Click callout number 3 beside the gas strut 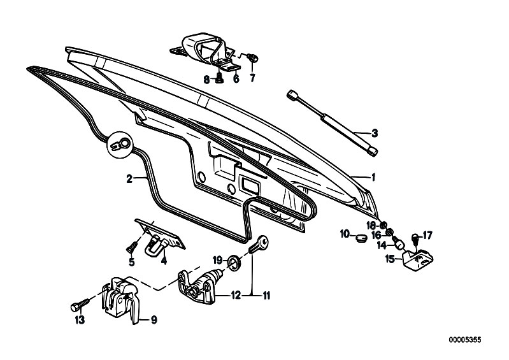click(x=375, y=133)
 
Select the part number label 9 click(x=154, y=320)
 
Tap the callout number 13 click(x=80, y=320)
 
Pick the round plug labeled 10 click(x=359, y=238)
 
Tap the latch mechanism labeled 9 click(x=120, y=299)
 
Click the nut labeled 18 click(x=383, y=225)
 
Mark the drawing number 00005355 click(x=465, y=340)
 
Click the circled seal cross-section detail click(x=120, y=145)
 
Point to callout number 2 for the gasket click(x=129, y=179)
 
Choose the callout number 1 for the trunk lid click(x=373, y=177)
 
